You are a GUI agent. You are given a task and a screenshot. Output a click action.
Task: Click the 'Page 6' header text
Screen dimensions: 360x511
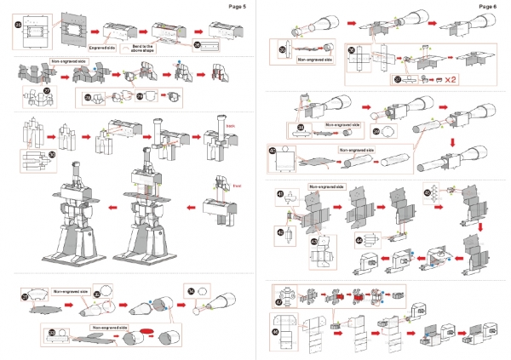tap(488, 6)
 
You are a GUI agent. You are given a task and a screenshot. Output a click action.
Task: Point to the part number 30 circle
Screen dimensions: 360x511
tap(28, 154)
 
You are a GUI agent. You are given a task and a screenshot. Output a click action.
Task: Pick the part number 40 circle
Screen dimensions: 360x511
tap(273, 152)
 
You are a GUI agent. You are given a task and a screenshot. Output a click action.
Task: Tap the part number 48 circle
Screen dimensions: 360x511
tap(275, 331)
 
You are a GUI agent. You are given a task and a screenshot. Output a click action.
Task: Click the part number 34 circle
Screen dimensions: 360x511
tap(191, 290)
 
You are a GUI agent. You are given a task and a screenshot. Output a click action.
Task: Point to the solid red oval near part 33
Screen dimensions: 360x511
tap(146, 331)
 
